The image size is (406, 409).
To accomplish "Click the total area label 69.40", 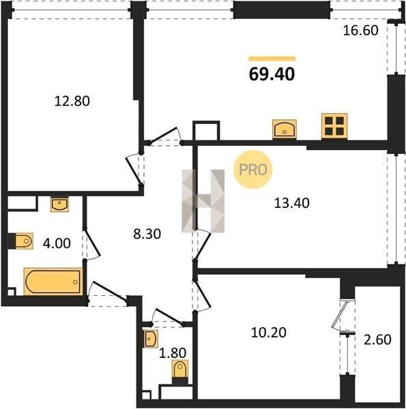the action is pyautogui.click(x=272, y=74).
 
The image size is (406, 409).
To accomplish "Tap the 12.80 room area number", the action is pyautogui.click(x=72, y=101).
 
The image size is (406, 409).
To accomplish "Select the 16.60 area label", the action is pyautogui.click(x=360, y=31).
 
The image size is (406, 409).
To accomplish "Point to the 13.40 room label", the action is pyautogui.click(x=291, y=203).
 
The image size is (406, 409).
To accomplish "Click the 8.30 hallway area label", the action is pyautogui.click(x=147, y=234).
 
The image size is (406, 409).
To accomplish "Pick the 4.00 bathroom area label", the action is pyautogui.click(x=57, y=243).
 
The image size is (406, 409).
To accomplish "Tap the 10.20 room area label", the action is pyautogui.click(x=268, y=333).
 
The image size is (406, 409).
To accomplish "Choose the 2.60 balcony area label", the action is pyautogui.click(x=377, y=340).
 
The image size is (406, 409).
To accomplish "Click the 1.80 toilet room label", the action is pyautogui.click(x=173, y=353).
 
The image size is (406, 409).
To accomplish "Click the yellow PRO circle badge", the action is pyautogui.click(x=253, y=170).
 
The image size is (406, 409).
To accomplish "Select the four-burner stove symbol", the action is pyautogui.click(x=334, y=126).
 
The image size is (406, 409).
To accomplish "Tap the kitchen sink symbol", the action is pyautogui.click(x=285, y=129).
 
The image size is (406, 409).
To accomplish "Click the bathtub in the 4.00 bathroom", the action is pyautogui.click(x=53, y=282).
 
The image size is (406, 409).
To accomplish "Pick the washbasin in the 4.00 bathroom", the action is pyautogui.click(x=60, y=204).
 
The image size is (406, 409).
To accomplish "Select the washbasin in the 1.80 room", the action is pyautogui.click(x=151, y=339).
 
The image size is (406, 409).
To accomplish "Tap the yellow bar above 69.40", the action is pyautogui.click(x=272, y=59).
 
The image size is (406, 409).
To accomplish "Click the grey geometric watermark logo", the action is pyautogui.click(x=203, y=201).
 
